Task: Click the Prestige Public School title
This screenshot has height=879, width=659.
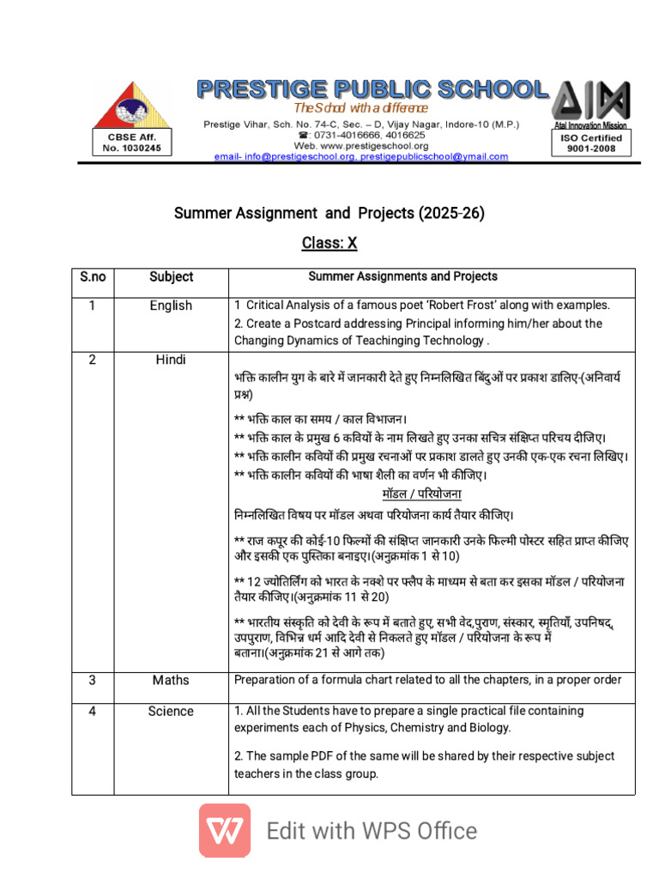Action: click(x=372, y=89)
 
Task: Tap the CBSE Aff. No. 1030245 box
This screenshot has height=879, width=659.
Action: click(x=131, y=142)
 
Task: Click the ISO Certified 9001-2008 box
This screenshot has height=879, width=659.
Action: click(x=589, y=142)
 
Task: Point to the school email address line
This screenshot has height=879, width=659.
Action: click(x=361, y=157)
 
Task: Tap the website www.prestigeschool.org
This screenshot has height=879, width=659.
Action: click(x=361, y=146)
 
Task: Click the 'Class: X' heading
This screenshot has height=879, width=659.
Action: click(x=329, y=243)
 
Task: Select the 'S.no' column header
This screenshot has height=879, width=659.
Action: click(x=93, y=276)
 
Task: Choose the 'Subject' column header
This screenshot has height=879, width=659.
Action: click(x=171, y=276)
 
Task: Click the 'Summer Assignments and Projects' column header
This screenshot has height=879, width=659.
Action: click(x=402, y=276)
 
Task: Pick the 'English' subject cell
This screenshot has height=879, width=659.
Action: click(x=171, y=306)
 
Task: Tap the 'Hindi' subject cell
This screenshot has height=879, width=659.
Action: click(x=171, y=360)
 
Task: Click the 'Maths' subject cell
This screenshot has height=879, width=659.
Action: click(x=171, y=680)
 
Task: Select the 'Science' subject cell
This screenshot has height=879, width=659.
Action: click(x=171, y=711)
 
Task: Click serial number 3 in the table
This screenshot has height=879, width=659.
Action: click(x=93, y=680)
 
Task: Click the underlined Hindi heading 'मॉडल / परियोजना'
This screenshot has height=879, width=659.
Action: click(x=421, y=494)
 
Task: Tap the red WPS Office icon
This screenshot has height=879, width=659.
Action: click(x=225, y=830)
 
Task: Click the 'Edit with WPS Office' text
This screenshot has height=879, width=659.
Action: click(x=372, y=831)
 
